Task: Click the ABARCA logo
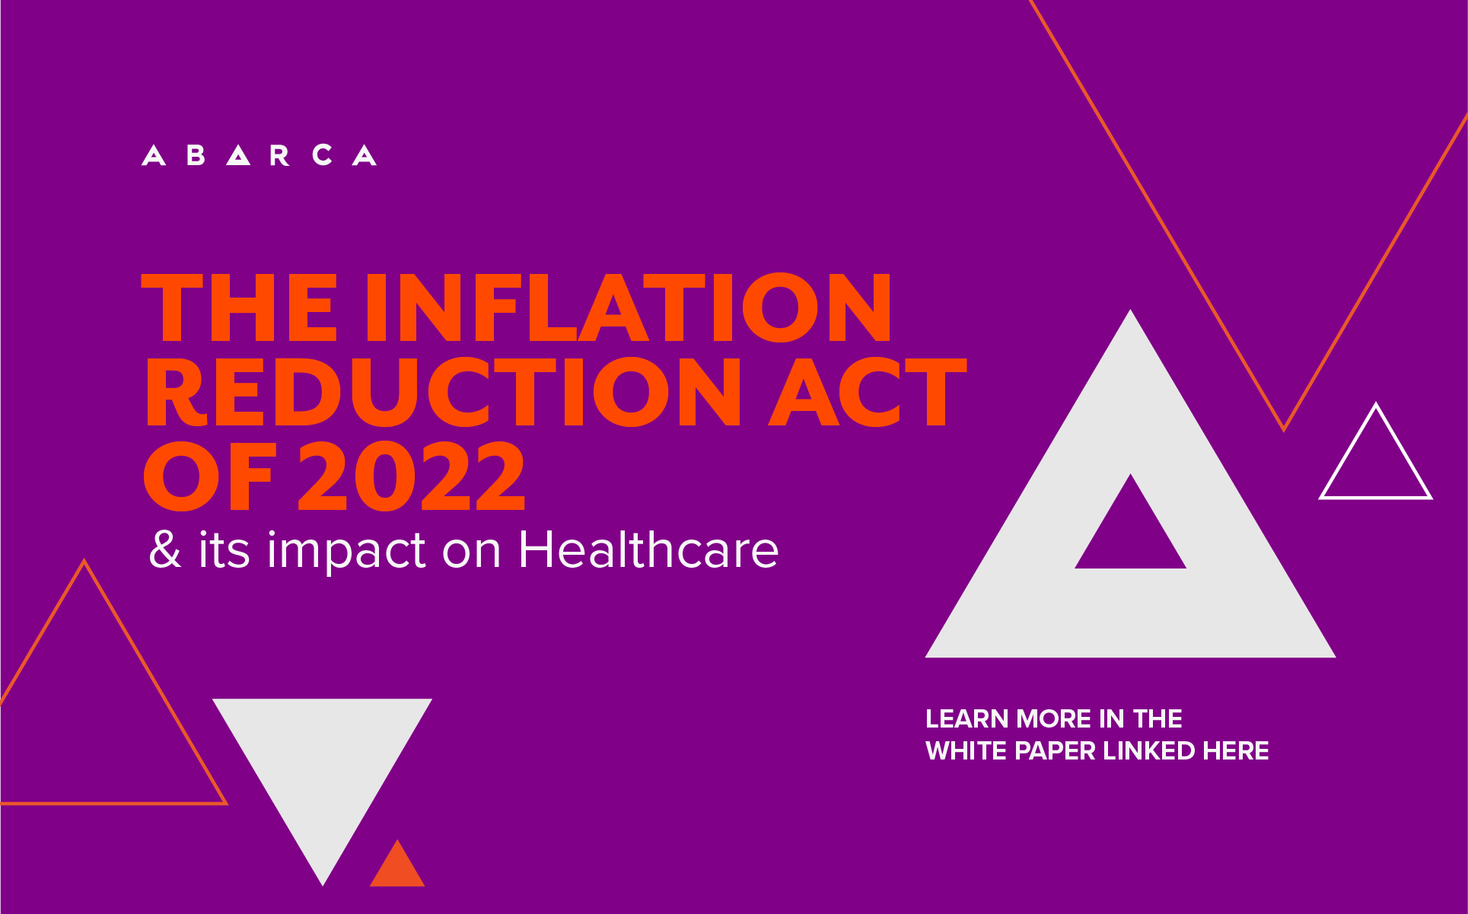259,155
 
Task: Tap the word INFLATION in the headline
629,307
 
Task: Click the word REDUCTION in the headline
443,392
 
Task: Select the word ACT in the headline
868,392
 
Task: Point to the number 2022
412,476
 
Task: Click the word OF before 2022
208,476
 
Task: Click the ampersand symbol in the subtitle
165,549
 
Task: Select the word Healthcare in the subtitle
648,549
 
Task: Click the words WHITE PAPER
1011,751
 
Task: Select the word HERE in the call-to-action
1236,751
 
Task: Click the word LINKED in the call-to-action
1149,751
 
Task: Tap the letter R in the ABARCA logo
280,155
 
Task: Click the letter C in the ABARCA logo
323,155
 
